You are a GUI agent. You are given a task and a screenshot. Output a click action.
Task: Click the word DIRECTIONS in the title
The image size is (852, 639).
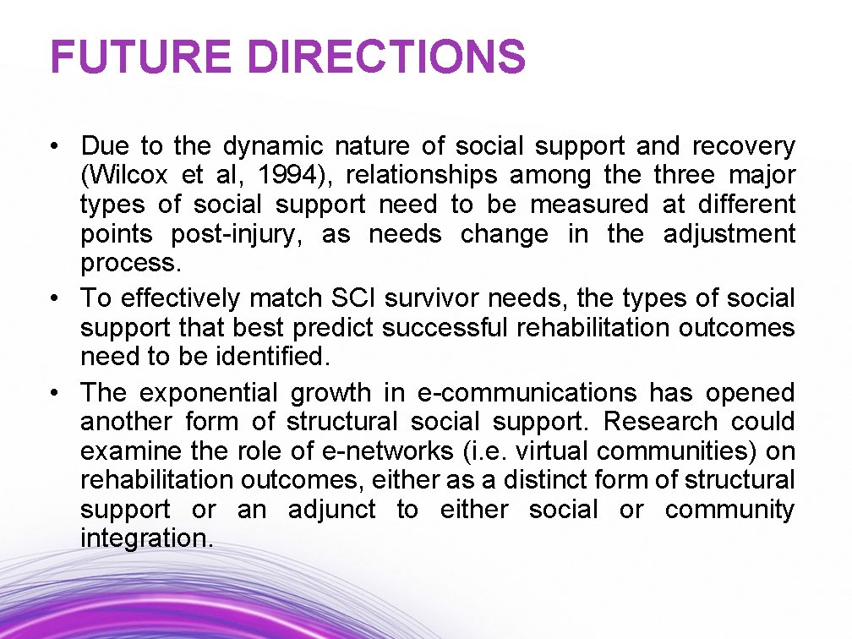(x=387, y=57)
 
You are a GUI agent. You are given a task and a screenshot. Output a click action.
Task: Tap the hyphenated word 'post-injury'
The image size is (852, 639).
(x=236, y=233)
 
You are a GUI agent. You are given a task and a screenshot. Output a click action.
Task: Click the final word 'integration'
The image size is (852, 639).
(x=146, y=538)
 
